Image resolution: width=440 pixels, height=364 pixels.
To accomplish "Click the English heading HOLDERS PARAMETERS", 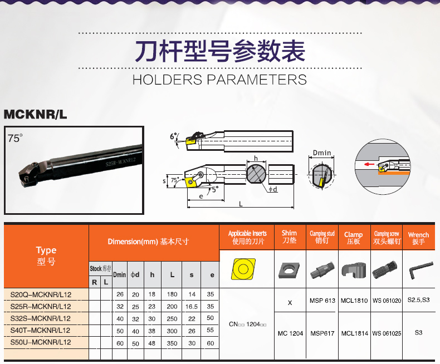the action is [x=219, y=80].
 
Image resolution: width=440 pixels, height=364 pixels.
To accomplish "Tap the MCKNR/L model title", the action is [x=35, y=114].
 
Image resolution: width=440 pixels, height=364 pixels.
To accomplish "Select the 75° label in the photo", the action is [x=15, y=138].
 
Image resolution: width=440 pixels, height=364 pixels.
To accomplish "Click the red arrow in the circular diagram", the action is [x=369, y=164].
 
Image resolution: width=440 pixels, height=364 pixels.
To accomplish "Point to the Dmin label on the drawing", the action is [x=322, y=153].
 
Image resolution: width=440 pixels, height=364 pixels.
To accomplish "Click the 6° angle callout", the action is [x=174, y=136].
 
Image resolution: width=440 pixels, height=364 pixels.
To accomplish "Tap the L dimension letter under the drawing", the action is [x=241, y=204].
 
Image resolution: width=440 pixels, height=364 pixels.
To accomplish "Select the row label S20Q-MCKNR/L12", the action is [x=41, y=295].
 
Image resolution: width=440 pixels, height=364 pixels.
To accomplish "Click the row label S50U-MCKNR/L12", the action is [x=41, y=342].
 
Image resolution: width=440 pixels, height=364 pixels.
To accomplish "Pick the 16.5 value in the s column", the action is [x=192, y=307].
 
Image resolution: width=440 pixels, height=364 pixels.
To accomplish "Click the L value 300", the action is [x=172, y=331].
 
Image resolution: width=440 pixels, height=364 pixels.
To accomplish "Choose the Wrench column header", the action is [x=418, y=238].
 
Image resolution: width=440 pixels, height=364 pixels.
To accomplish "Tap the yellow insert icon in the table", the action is [x=243, y=269].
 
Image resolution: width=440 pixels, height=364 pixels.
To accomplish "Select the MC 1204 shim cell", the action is [x=290, y=333].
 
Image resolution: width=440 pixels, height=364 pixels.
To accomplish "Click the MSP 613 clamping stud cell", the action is [x=322, y=301].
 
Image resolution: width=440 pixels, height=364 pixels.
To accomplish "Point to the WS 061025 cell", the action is [x=387, y=333].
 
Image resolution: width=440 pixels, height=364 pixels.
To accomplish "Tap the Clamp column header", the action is [x=353, y=238].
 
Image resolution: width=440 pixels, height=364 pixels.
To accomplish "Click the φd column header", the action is [x=135, y=274].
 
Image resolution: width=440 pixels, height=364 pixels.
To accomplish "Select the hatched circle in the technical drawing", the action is [x=256, y=174].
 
